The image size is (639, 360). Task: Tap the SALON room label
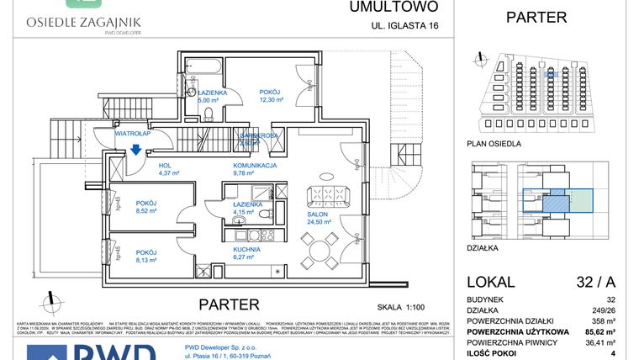318,215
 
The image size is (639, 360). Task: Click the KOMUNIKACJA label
256,166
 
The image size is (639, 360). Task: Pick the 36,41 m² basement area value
606,342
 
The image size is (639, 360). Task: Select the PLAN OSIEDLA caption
493,144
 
